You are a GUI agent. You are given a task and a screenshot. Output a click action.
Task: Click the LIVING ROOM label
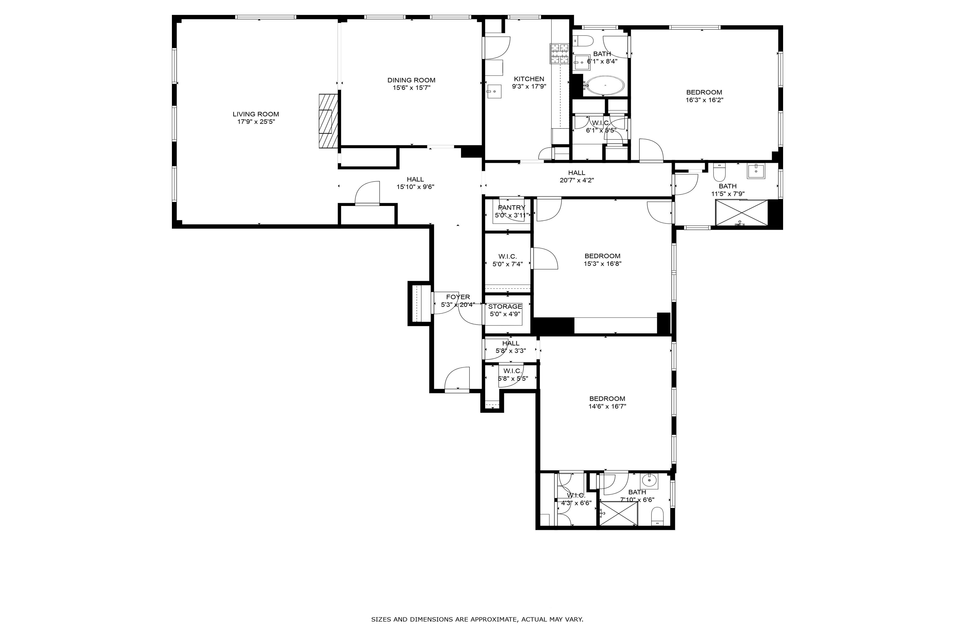point(256,114)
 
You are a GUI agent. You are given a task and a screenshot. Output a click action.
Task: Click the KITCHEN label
point(529,79)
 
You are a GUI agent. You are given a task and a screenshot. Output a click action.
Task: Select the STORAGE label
point(505,306)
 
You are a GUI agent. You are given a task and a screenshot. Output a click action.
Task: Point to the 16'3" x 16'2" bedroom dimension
point(704,100)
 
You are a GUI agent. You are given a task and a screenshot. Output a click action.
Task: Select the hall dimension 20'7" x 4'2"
point(576,180)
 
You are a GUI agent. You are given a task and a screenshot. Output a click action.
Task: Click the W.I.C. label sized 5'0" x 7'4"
point(507,256)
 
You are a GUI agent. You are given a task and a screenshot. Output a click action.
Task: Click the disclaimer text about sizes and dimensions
point(477,619)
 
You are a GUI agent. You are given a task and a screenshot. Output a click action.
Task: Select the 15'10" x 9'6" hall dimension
point(415,187)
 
